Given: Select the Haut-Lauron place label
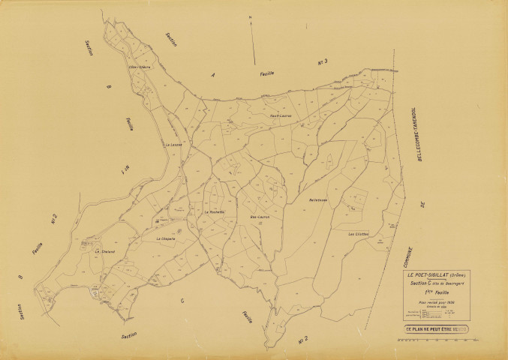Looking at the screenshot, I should [x=280, y=116].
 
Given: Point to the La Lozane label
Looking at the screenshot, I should [x=173, y=144].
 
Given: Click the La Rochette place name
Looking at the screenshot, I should [x=216, y=212].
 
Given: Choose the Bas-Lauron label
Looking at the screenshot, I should [x=260, y=217].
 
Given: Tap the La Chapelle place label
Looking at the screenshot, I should [x=166, y=238].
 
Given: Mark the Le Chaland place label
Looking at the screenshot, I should [x=104, y=251].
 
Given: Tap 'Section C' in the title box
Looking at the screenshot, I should [x=419, y=283].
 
